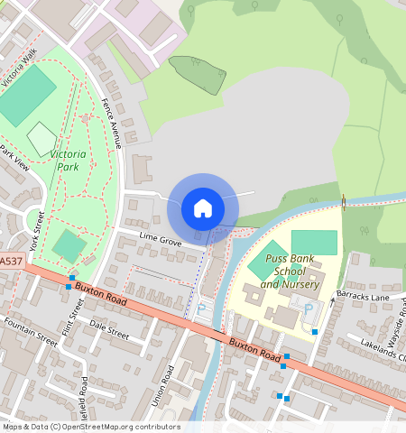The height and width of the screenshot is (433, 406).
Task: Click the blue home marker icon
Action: coord(203,209)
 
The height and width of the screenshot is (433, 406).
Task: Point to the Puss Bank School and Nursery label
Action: coord(290,272)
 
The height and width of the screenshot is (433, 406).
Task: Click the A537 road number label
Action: coord(11,261)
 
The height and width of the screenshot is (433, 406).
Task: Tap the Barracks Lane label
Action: coord(362,297)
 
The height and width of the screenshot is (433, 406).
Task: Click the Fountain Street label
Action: coord(31,332)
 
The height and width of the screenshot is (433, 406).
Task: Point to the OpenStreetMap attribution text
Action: coord(90,427)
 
